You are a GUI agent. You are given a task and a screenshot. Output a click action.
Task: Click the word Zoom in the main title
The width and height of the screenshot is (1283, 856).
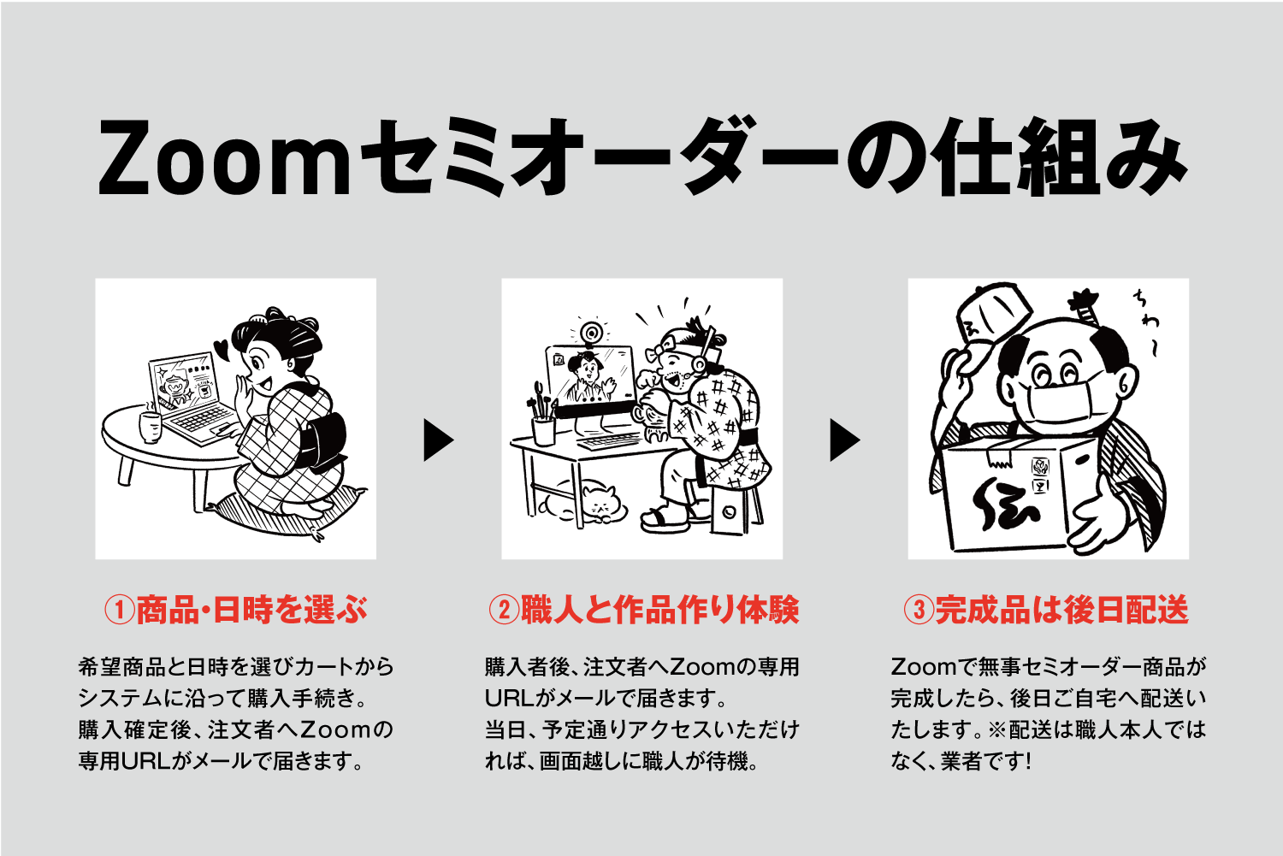click(x=224, y=157)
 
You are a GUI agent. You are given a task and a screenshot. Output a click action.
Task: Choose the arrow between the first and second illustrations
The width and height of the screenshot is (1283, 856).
click(x=438, y=440)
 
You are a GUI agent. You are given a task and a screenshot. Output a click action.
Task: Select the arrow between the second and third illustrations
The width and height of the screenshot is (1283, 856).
click(x=845, y=440)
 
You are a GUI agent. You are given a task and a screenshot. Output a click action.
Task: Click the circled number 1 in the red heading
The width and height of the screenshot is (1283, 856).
click(x=119, y=610)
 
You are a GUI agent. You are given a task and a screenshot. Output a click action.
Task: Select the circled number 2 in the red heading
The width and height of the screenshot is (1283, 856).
click(x=504, y=610)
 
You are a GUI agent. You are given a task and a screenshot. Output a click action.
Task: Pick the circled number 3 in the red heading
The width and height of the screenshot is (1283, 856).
click(x=919, y=610)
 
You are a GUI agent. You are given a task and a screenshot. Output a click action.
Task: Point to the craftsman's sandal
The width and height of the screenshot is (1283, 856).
click(x=665, y=519)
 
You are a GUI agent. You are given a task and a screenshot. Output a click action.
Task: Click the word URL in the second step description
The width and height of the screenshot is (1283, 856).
click(x=509, y=699)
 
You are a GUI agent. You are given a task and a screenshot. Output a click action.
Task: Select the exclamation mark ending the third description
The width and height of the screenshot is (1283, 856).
click(x=1029, y=762)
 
